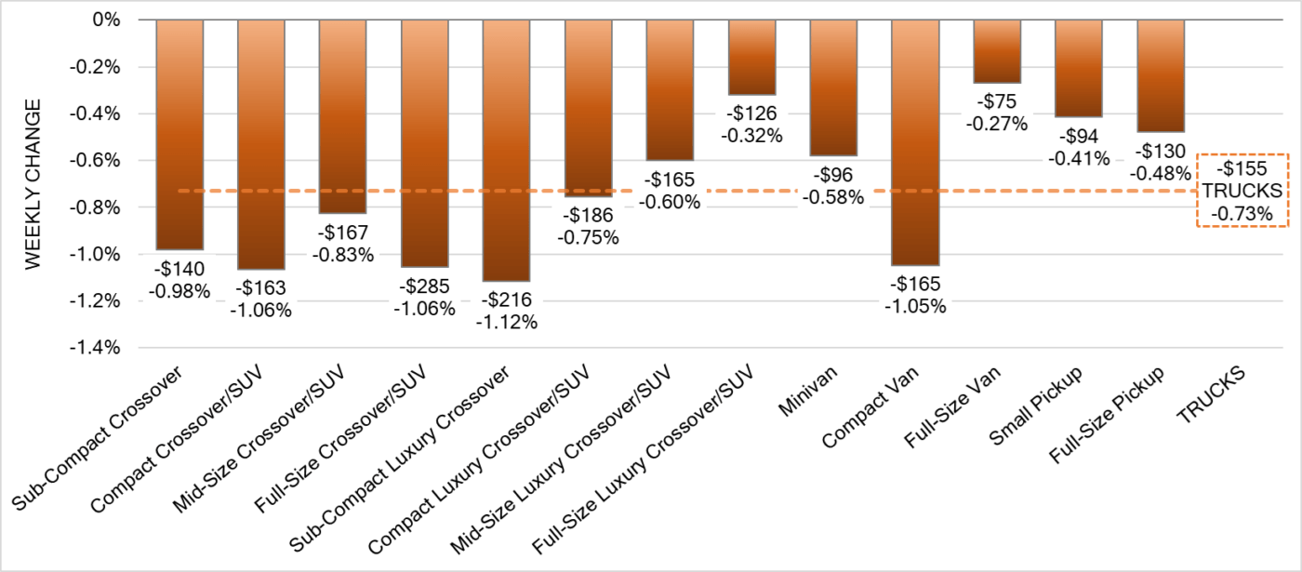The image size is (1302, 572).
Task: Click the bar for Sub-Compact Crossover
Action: [x=179, y=135]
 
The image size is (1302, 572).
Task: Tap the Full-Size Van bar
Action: [x=997, y=51]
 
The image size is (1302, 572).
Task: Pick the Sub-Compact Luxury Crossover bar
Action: [x=507, y=150]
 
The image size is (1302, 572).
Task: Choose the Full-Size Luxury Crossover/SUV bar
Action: [x=751, y=57]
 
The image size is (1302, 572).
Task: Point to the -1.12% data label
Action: [x=507, y=322]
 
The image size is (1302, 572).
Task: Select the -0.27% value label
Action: [x=997, y=124]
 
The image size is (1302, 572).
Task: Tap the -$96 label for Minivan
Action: [x=833, y=175]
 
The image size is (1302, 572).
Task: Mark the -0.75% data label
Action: [x=588, y=237]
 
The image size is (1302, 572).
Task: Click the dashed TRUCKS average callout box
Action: [x=1242, y=191]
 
